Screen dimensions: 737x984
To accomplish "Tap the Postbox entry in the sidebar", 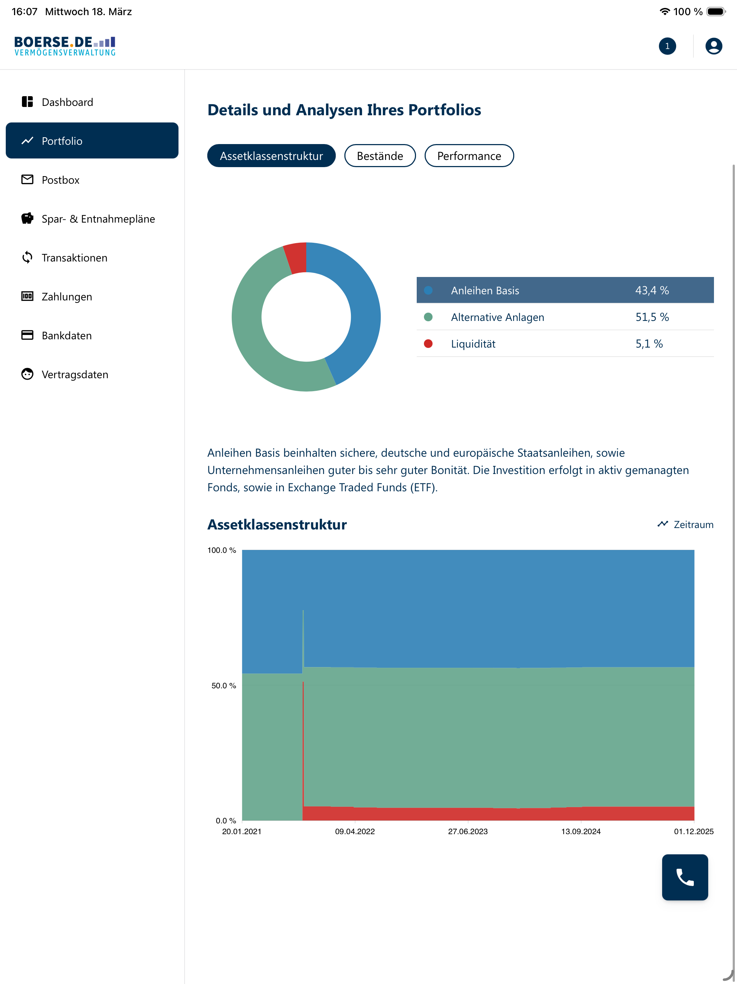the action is [60, 180].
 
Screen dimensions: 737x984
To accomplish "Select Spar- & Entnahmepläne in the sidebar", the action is [98, 219].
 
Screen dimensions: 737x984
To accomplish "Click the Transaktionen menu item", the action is [74, 258].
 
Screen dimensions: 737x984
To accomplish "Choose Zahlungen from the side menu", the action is [67, 297].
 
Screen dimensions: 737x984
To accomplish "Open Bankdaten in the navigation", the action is [67, 335].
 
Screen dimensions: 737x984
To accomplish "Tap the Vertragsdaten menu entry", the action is [75, 375].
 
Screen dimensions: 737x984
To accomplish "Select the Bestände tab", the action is [380, 156].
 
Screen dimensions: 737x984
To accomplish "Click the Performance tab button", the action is [469, 156].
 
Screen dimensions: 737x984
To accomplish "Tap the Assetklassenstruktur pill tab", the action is [271, 156].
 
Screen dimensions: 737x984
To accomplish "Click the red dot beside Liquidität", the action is [428, 343].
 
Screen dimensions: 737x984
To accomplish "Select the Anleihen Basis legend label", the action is [485, 291].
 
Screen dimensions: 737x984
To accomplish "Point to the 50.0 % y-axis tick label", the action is [223, 685].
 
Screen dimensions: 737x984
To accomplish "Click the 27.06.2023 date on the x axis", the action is [467, 831].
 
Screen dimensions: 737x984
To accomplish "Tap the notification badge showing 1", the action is [667, 46].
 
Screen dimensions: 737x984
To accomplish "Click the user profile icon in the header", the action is [714, 46].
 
